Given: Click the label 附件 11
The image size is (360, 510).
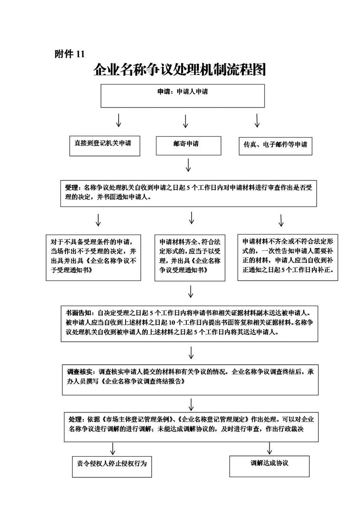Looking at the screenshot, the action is click(x=69, y=54).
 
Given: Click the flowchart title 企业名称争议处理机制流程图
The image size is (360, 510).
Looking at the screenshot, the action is click(x=180, y=69).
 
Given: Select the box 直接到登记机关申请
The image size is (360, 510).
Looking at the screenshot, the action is click(x=105, y=146).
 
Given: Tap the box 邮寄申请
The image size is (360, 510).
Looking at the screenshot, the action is click(x=188, y=146).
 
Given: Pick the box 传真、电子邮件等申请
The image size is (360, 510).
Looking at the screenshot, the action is click(x=276, y=146).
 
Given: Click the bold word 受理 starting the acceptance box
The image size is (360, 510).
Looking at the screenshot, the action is click(x=71, y=188).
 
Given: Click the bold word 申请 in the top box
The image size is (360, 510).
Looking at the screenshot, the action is click(x=164, y=92).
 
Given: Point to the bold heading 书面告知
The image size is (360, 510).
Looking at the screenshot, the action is click(x=79, y=313).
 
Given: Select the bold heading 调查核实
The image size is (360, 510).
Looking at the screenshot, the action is click(x=80, y=372).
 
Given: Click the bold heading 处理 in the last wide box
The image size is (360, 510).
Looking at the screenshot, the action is click(x=75, y=419).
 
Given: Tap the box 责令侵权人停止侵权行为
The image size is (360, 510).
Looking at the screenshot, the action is click(x=112, y=467).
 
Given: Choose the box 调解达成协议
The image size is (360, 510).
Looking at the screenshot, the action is click(x=269, y=466).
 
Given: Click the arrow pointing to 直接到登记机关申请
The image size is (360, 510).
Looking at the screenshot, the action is click(x=119, y=121).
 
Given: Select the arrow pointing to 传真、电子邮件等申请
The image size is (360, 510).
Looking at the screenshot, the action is click(x=257, y=121).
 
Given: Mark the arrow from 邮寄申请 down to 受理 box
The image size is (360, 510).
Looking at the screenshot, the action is click(x=188, y=165).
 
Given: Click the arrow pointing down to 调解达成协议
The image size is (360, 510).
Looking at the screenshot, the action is click(x=269, y=448).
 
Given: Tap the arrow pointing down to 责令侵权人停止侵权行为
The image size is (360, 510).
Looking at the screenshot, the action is click(x=113, y=448).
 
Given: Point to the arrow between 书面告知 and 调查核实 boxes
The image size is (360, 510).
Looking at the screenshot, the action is click(x=191, y=353).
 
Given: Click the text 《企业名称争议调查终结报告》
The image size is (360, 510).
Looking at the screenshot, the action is click(x=143, y=382).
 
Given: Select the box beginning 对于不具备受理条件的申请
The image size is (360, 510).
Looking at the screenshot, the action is click(x=93, y=258).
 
